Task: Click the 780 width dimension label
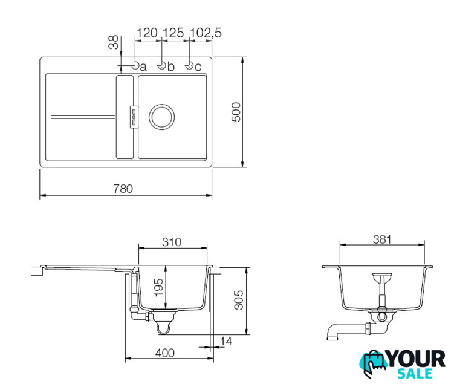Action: tap(123, 189)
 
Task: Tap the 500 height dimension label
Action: tap(236, 112)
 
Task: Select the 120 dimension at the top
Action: tap(147, 33)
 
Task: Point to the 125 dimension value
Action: tap(173, 33)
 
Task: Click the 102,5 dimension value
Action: tap(206, 33)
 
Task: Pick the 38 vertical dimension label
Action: tap(114, 42)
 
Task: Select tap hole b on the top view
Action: tap(161, 66)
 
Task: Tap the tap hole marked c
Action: tap(189, 66)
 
